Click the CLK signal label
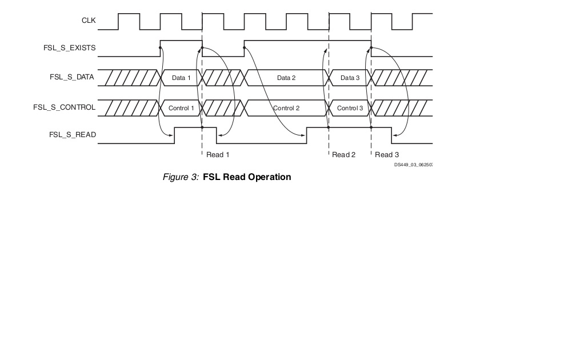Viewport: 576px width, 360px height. [x=89, y=21]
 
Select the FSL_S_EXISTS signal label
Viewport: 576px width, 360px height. [x=70, y=49]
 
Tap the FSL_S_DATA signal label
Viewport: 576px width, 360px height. [x=73, y=77]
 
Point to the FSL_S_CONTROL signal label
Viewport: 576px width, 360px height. [x=65, y=107]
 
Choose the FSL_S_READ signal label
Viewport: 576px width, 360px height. [x=73, y=135]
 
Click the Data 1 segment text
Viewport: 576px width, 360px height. [x=182, y=78]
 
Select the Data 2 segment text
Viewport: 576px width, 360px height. [x=286, y=78]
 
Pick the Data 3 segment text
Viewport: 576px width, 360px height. [x=350, y=78]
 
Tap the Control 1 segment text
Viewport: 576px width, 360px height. [x=181, y=108]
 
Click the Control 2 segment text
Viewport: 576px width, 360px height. [x=286, y=108]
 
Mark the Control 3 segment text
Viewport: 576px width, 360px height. [x=350, y=108]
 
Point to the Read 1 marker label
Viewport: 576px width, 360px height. [x=218, y=155]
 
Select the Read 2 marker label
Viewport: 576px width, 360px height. [x=344, y=155]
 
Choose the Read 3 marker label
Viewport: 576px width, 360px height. [x=387, y=155]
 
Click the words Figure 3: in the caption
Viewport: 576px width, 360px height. [x=181, y=177]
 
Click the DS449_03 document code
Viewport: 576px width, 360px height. [x=413, y=165]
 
